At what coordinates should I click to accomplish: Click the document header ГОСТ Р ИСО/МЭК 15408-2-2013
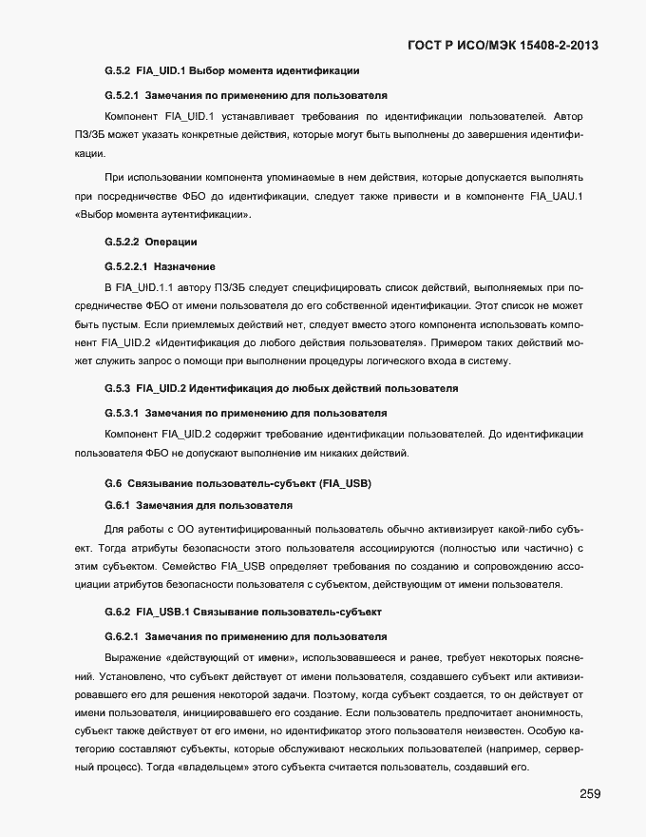click(503, 45)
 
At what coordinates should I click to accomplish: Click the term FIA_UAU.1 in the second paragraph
click(556, 196)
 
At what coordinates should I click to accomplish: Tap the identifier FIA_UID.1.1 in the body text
click(142, 285)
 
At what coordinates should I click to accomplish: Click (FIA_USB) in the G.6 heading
click(345, 484)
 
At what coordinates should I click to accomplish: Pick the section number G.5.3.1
click(122, 414)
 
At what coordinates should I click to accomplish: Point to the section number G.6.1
click(116, 504)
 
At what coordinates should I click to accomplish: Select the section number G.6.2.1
click(122, 634)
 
